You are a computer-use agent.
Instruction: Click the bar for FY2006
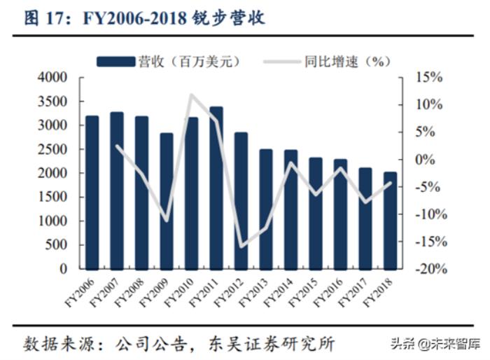pos(92,193)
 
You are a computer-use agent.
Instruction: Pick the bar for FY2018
pos(391,221)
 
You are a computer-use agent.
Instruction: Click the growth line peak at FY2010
pos(191,95)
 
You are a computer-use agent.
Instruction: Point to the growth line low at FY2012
pos(241,247)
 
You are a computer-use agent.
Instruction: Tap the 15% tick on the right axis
pos(429,77)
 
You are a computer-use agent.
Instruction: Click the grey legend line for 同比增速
pos(281,62)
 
